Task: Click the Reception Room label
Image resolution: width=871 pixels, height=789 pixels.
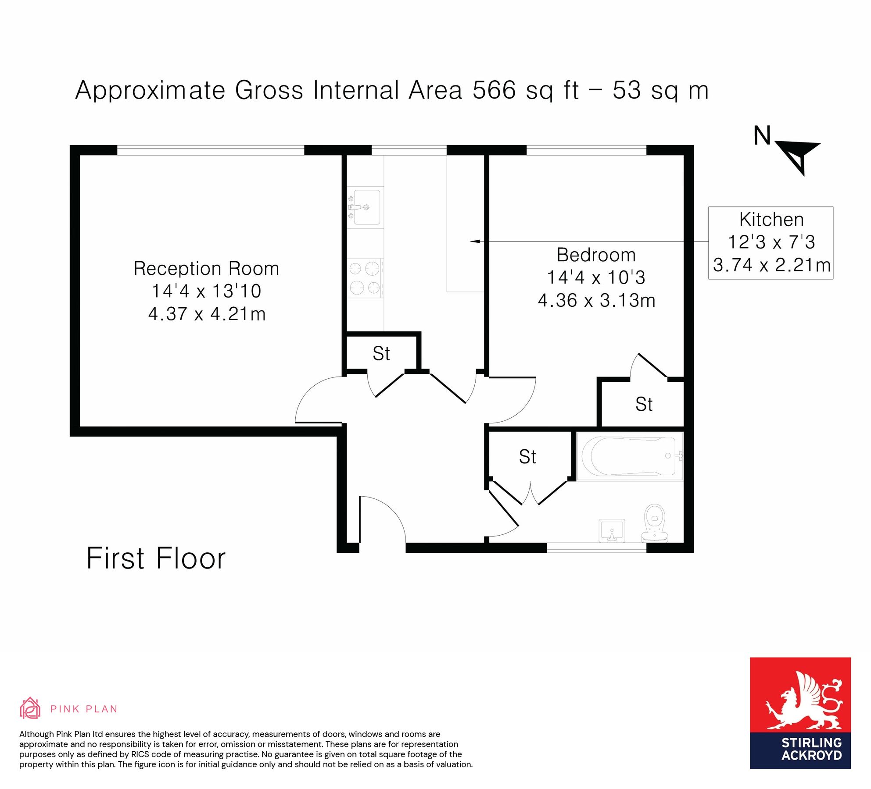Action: (x=206, y=269)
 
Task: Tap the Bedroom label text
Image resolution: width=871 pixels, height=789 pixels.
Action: (x=596, y=255)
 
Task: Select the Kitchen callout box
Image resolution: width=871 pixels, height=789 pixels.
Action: (x=771, y=242)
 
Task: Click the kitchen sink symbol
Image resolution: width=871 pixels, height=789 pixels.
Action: (x=365, y=207)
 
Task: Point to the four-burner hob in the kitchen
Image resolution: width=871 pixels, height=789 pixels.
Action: (x=365, y=278)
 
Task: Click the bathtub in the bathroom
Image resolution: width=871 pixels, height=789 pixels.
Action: (x=630, y=456)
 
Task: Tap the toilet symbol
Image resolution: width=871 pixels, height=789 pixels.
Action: (x=655, y=523)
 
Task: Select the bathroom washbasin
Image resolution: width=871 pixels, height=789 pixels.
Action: (x=612, y=530)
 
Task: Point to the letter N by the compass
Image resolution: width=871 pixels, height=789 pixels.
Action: (x=762, y=136)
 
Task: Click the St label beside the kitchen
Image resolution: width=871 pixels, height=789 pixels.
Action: (x=381, y=354)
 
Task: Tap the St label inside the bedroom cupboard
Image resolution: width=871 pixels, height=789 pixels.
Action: (x=644, y=404)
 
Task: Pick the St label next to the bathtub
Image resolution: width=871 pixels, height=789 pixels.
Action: (x=527, y=457)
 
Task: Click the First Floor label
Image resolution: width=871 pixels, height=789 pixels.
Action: (x=156, y=558)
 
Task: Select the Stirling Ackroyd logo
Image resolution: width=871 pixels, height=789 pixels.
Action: (x=800, y=713)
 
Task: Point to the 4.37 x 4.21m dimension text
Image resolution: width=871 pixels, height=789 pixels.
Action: (x=207, y=314)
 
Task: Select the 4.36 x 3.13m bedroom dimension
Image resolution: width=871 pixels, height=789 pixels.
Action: (x=596, y=301)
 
